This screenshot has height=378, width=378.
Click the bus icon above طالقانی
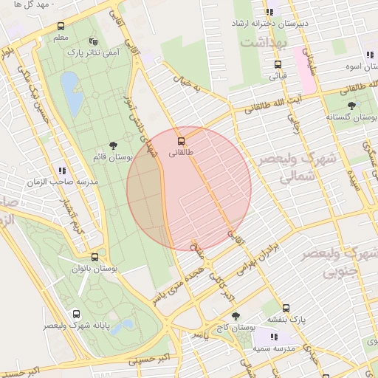182,140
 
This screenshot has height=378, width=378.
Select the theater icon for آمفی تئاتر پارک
92,41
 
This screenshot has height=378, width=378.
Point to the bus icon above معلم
61,27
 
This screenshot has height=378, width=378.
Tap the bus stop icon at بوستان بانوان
94,258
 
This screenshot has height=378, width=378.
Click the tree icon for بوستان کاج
236,316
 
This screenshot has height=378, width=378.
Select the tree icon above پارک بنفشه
286,309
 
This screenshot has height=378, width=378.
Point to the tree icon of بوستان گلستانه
351,106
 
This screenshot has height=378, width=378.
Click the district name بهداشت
261,44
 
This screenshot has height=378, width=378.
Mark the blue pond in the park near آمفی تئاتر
72,94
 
